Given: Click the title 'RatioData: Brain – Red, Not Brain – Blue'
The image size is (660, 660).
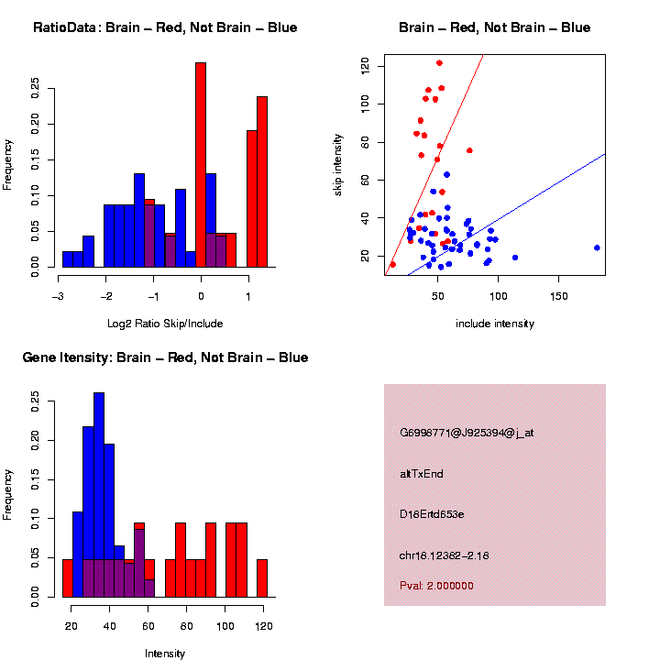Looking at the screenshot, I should pyautogui.click(x=165, y=27).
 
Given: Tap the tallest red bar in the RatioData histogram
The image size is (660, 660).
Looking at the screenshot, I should pyautogui.click(x=201, y=165).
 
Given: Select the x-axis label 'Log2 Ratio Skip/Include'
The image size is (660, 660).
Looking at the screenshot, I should pyautogui.click(x=165, y=324).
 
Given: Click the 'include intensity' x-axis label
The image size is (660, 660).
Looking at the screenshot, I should pyautogui.click(x=495, y=324).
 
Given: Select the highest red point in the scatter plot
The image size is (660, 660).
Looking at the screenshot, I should pyautogui.click(x=439, y=63).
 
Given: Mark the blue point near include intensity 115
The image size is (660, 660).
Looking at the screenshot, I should pyautogui.click(x=515, y=258).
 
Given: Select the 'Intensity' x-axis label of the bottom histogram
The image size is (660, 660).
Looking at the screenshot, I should pyautogui.click(x=165, y=654).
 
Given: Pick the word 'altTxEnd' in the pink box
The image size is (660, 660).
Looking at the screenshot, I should pyautogui.click(x=422, y=474).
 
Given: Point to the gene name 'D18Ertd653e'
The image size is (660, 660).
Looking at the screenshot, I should pyautogui.click(x=432, y=514).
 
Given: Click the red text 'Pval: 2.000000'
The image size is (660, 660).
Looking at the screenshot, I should pyautogui.click(x=437, y=586).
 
